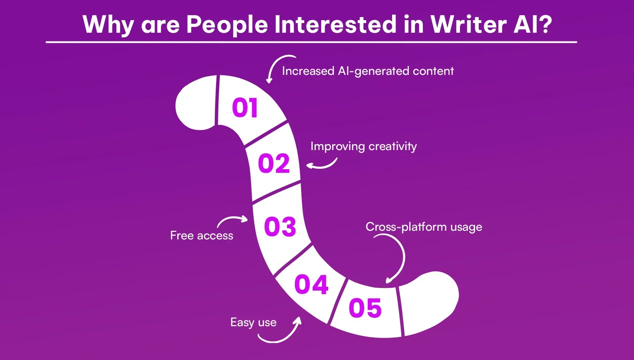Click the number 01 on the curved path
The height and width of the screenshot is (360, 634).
pyautogui.click(x=245, y=108)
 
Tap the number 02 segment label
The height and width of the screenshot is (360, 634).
pyautogui.click(x=274, y=163)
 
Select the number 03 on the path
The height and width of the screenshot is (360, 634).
pyautogui.click(x=280, y=227)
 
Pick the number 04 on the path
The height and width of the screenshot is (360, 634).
pyautogui.click(x=311, y=284)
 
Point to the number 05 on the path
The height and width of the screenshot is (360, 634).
pyautogui.click(x=365, y=308)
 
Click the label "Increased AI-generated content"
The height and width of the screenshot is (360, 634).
pyautogui.click(x=367, y=71)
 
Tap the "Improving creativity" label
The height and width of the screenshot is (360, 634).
pyautogui.click(x=363, y=146)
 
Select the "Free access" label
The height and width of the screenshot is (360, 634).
pyautogui.click(x=201, y=235)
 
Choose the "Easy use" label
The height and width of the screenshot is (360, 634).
pyautogui.click(x=253, y=322)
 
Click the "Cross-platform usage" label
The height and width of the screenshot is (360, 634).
pyautogui.click(x=424, y=227)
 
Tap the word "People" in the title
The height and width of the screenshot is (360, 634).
pyautogui.click(x=227, y=24)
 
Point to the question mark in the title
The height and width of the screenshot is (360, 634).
pyautogui.click(x=544, y=24)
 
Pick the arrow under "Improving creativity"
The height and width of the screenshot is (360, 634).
pyautogui.click(x=322, y=165)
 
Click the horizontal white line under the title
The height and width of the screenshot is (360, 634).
pyautogui.click(x=311, y=42)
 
